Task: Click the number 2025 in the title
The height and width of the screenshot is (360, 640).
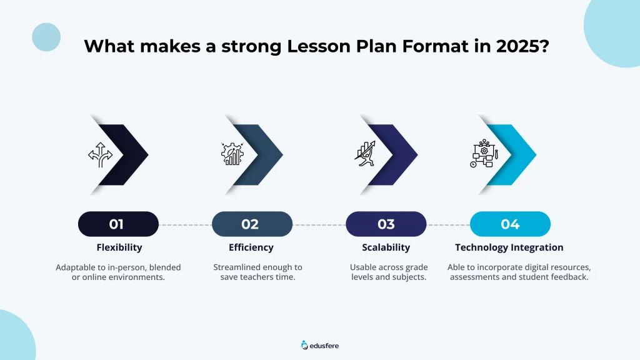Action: [x=517, y=46]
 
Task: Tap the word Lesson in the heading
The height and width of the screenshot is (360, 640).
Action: [x=318, y=46]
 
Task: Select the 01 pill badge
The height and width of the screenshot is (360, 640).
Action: [x=118, y=224]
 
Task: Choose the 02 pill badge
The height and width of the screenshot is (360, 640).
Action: [x=252, y=224]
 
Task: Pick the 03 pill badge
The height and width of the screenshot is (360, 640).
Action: [x=386, y=224]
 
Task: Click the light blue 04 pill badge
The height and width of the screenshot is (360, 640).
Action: [x=510, y=224]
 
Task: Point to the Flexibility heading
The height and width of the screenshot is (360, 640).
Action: [x=119, y=247]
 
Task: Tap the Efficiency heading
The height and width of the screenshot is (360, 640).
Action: [x=251, y=247]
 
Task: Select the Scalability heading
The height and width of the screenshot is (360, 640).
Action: [x=386, y=247]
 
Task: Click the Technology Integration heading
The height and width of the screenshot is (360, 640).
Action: [x=509, y=247]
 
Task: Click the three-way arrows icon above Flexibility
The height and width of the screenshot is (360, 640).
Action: [x=101, y=155]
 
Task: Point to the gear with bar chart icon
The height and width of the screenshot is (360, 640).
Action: [x=232, y=154]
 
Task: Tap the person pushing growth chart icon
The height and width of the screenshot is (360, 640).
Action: [x=365, y=154]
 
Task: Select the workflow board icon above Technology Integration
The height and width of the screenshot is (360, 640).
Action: [x=484, y=154]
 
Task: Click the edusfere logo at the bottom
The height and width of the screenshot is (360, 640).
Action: [x=320, y=346]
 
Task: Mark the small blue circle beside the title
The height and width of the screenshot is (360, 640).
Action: [x=46, y=37]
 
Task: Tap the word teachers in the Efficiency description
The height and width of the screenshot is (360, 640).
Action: [x=257, y=277]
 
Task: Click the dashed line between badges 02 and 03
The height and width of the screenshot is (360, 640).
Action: [x=319, y=225]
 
